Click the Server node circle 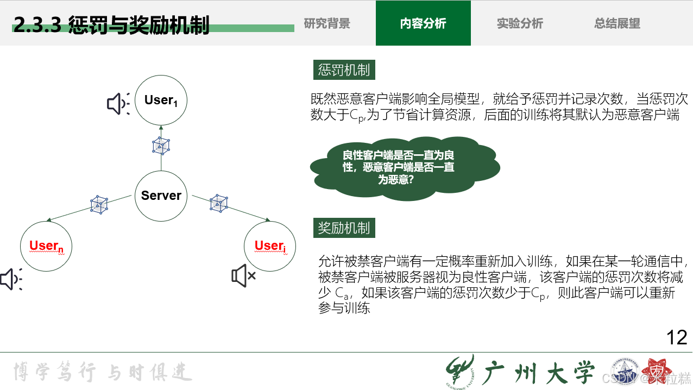point(161,196)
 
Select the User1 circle point(161,100)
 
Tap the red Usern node point(46,246)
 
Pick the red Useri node point(270,246)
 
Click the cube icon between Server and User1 point(161,145)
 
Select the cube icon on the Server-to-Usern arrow point(99,204)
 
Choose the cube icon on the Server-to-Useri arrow point(219,203)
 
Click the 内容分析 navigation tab point(423,23)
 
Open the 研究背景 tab point(327,23)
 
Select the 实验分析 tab point(520,23)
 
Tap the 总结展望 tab point(617,23)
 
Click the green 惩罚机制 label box point(344,70)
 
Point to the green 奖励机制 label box point(344,228)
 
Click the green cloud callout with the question point(405,167)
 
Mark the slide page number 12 point(677,338)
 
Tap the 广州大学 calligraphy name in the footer point(538,372)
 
